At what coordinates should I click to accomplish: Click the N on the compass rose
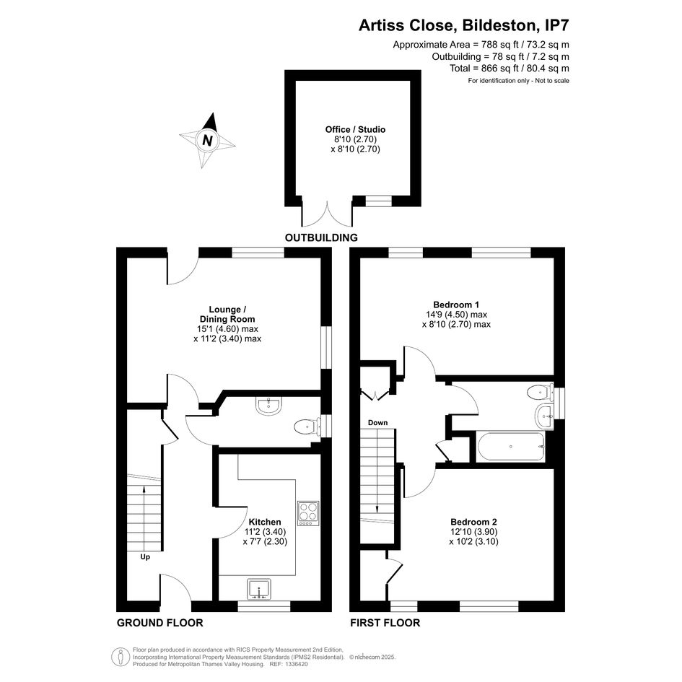click(x=208, y=141)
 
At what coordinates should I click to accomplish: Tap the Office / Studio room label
click(x=355, y=129)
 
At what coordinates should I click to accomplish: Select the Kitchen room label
click(x=264, y=522)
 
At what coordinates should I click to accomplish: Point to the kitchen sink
click(x=259, y=589)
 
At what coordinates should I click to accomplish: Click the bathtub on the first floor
click(x=511, y=447)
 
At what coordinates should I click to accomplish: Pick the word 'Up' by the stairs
click(x=145, y=556)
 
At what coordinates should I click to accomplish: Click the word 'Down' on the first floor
click(x=377, y=422)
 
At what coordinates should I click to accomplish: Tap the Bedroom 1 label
click(x=456, y=305)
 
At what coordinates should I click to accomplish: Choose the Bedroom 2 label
click(x=473, y=522)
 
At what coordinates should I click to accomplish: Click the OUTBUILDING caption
click(x=321, y=237)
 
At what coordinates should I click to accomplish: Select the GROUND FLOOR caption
click(x=159, y=622)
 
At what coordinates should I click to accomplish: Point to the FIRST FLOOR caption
click(x=385, y=622)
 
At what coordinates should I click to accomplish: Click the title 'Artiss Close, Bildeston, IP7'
click(x=463, y=25)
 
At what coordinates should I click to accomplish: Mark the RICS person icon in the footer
click(x=119, y=657)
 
